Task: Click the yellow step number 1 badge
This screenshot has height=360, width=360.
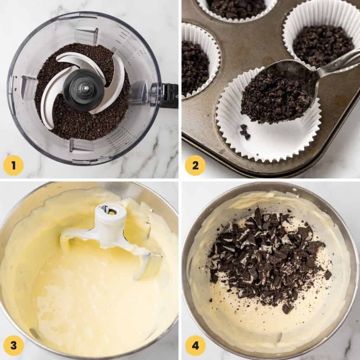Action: coord(13,165)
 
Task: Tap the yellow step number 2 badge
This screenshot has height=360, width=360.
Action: coord(195,165)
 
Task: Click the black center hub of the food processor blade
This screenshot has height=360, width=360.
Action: coord(83,89)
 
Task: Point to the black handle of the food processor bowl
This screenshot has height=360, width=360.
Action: coord(169,95)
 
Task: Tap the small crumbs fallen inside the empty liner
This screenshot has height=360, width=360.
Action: coord(245,131)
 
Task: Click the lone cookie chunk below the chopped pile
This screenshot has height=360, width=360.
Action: coord(288,308)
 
